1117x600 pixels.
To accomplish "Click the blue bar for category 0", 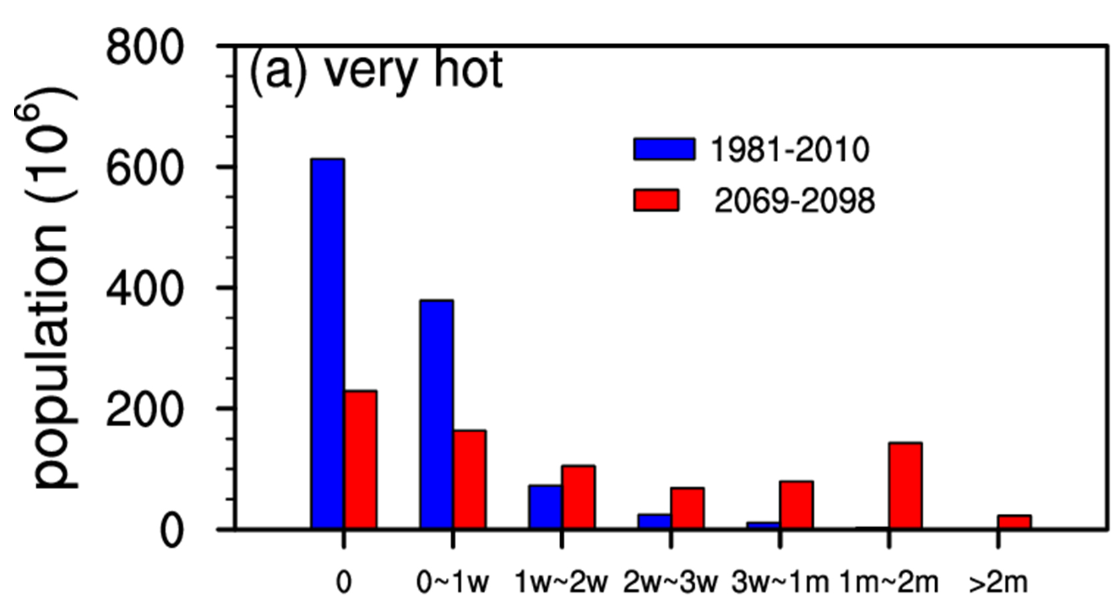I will coord(328,344).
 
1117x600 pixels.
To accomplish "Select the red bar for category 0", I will coord(360,460).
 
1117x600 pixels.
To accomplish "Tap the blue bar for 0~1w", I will coord(437,415).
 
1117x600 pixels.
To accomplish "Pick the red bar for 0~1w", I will coord(469,480).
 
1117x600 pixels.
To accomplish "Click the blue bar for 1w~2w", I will coord(545,507).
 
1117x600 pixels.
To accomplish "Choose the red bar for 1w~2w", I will coord(578,498).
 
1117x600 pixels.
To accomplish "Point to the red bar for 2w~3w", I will coord(687,508).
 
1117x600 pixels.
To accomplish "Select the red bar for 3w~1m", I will coord(796,505).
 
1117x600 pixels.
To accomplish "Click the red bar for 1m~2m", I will coord(905,486).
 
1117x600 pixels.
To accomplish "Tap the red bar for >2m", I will coord(1014,522).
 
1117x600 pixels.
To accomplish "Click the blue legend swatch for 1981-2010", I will coord(664,149).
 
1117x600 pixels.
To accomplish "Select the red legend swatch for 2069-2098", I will coord(656,200).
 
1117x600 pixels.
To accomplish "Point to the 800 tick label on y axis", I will coord(144,48).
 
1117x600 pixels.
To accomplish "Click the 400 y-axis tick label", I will coord(144,289).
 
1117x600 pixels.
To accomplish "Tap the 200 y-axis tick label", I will coord(144,409).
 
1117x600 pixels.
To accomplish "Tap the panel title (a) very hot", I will coord(376,71).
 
